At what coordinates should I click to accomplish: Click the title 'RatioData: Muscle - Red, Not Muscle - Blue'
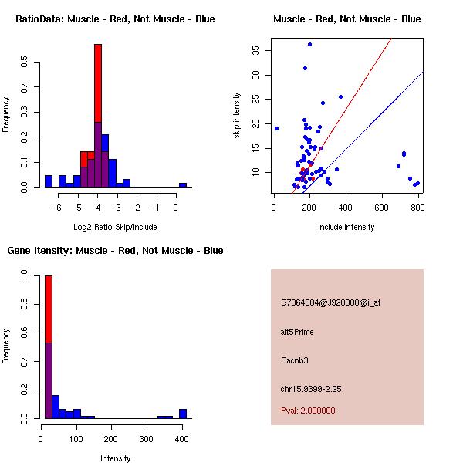pyautogui.click(x=115, y=19)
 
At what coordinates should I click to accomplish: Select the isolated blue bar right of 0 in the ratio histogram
pyautogui.click(x=183, y=185)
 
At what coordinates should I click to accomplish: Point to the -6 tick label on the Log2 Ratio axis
pyautogui.click(x=58, y=208)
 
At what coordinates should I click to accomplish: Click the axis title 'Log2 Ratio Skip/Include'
pyautogui.click(x=115, y=227)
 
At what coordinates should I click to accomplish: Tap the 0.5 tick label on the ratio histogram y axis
pyautogui.click(x=25, y=64)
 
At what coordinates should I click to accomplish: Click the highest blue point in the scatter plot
pyautogui.click(x=309, y=44)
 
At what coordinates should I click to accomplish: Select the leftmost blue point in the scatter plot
pyautogui.click(x=276, y=128)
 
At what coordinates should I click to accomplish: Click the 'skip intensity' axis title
pyautogui.click(x=236, y=116)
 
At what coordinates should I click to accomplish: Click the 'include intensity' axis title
pyautogui.click(x=346, y=227)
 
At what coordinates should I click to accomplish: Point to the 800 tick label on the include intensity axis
pyautogui.click(x=417, y=207)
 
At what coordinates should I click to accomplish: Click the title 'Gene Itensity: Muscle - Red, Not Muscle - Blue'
pyautogui.click(x=115, y=250)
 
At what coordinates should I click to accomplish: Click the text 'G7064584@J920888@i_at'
pyautogui.click(x=330, y=302)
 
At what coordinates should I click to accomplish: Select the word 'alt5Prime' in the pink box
pyautogui.click(x=297, y=332)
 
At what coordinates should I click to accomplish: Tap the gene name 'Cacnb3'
pyautogui.click(x=294, y=360)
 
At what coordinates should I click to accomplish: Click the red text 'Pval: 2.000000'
pyautogui.click(x=308, y=411)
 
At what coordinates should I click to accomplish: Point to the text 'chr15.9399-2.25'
pyautogui.click(x=311, y=389)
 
